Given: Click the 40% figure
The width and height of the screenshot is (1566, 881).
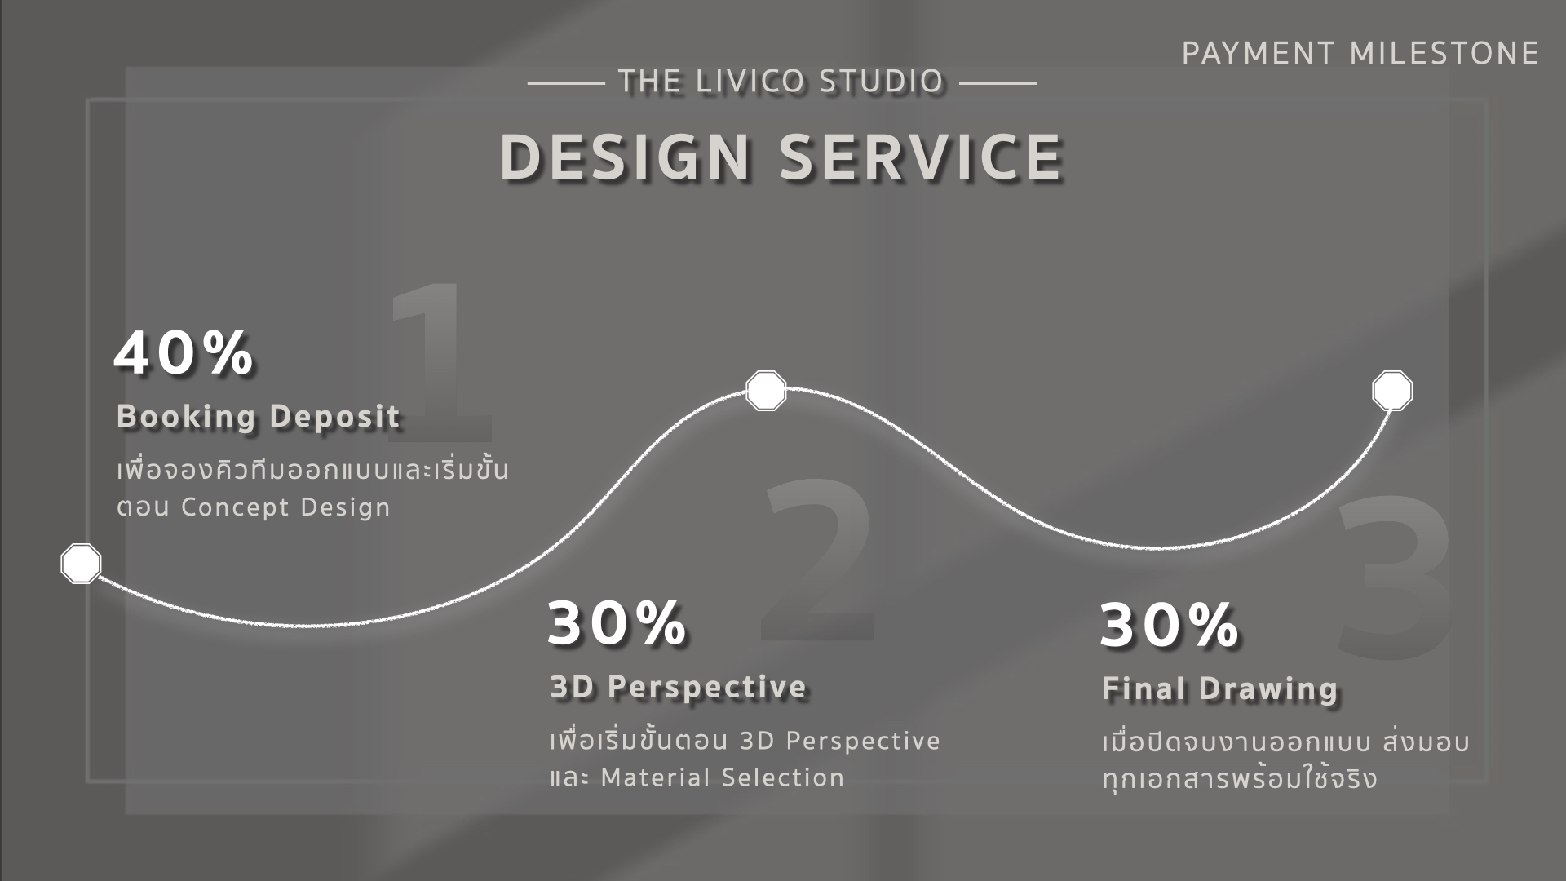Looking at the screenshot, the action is (184, 353).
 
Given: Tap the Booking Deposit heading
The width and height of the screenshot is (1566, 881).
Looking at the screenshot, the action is (259, 416).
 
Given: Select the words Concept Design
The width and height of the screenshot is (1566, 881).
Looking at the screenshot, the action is (285, 507).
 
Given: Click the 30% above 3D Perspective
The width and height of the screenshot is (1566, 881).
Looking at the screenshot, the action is (617, 623).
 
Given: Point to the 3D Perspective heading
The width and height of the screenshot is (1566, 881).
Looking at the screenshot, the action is (678, 687).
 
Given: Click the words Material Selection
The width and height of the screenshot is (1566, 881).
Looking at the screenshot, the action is (722, 777).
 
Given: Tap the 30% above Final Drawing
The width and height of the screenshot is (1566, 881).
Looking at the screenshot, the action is (1170, 625).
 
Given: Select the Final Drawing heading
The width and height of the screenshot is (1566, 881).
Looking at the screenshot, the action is (1220, 689).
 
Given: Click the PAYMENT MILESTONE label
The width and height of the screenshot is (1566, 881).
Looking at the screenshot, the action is (1360, 54).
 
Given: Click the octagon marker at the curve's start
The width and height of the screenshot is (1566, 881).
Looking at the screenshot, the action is (81, 564).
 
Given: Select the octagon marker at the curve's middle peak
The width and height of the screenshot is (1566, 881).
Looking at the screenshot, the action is (766, 391).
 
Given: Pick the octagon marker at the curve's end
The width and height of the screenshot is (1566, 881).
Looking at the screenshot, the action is (1392, 391).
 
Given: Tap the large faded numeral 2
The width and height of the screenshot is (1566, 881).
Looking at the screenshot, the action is (818, 560).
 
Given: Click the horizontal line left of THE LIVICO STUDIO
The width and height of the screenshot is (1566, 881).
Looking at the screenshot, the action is (566, 82).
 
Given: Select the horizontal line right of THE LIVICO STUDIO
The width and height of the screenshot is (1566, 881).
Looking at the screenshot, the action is (998, 82).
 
